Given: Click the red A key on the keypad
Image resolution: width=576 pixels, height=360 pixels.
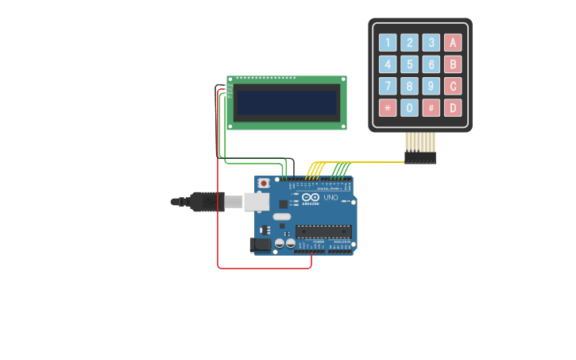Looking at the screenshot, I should point(453,43).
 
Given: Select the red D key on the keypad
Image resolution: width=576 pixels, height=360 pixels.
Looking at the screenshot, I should point(453,108).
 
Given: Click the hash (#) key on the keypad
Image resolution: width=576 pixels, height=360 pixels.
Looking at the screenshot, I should point(431,108).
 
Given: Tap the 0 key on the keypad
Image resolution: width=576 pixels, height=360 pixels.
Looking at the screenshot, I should point(409,108).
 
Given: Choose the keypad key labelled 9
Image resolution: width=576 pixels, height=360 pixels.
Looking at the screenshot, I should point(431,86).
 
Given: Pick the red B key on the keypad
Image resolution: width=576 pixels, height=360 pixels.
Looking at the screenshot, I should point(453,64).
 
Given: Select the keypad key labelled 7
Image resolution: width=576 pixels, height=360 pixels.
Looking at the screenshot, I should point(388,86).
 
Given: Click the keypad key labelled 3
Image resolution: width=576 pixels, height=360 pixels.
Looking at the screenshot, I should point(431,43).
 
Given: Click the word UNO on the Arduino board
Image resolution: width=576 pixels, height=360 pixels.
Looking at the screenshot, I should point(330,197).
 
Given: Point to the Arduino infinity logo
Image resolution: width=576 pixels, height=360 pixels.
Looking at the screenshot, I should point(311,197).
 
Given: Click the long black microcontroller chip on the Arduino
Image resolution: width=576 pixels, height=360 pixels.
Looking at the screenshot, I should point(323,231).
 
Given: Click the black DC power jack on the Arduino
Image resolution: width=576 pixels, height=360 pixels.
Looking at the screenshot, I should point(260,246).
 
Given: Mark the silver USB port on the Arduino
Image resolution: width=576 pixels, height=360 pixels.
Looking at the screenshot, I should point(257,202).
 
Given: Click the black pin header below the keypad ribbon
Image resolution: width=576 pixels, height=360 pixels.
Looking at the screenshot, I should point(419,158).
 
